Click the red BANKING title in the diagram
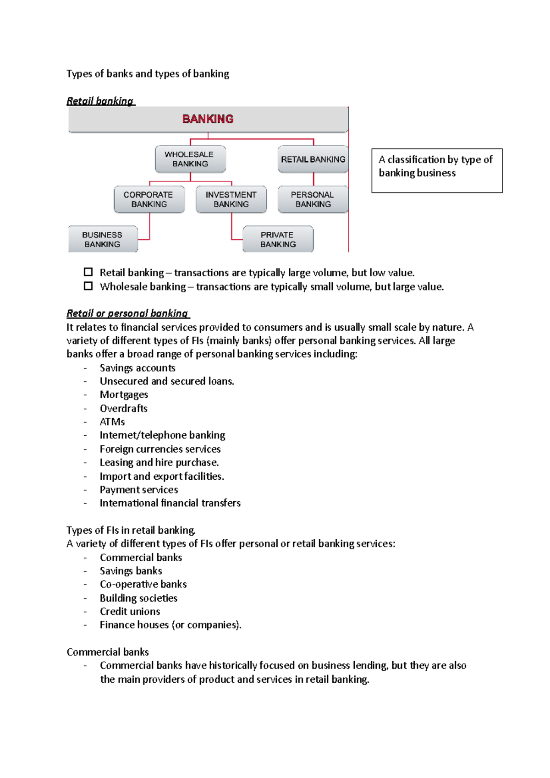tap(208, 119)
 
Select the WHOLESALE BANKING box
tap(190, 159)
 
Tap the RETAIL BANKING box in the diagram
tap(313, 159)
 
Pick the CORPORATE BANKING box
tap(149, 199)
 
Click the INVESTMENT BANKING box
tap(231, 199)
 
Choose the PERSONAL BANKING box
tap(313, 199)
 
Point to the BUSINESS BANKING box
tap(103, 239)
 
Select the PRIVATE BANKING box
tap(278, 239)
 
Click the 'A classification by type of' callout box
tap(436, 170)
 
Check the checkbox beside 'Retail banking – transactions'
tap(88, 272)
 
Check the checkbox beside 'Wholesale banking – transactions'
tap(88, 286)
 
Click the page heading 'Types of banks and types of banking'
tap(148, 74)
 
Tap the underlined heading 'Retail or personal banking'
tap(127, 313)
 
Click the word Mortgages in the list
tap(124, 394)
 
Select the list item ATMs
tap(112, 422)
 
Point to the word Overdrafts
tap(124, 408)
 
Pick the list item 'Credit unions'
tap(130, 611)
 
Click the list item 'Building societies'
tap(138, 598)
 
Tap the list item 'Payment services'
tap(139, 489)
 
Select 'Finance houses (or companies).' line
tap(170, 625)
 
